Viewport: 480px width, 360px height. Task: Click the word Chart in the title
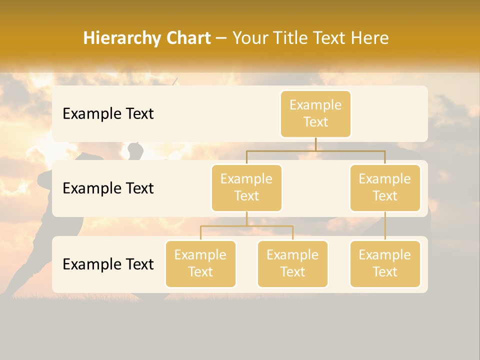pos(186,38)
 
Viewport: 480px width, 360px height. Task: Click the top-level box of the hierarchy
pos(315,113)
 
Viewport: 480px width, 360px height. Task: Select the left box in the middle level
pos(246,187)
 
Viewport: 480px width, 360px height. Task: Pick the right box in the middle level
pos(385,187)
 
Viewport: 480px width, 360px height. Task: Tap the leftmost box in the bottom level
pos(200,263)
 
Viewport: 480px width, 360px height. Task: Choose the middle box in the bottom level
pos(292,263)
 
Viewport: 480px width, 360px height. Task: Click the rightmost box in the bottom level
pos(385,263)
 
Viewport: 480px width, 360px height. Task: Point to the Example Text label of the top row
pos(108,114)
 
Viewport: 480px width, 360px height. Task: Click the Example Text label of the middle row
pos(108,188)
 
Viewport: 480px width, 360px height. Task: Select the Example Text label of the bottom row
pos(108,264)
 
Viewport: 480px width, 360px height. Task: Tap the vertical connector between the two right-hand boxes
pos(385,226)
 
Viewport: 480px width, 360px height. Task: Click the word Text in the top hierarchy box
pos(315,122)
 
